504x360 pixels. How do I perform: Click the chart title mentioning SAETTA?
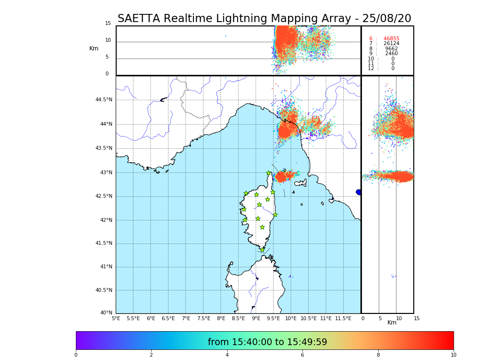[x=264, y=19]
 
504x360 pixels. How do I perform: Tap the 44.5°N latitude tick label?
[x=104, y=100]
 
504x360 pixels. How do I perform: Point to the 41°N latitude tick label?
[x=106, y=267]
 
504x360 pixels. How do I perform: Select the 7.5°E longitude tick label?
[x=204, y=318]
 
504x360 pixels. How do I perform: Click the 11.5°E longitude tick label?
[x=343, y=318]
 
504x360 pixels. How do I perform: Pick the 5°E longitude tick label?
[x=116, y=318]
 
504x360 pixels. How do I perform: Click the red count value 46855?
[x=391, y=39]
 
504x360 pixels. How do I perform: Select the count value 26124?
[x=391, y=44]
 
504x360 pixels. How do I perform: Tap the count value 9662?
[x=391, y=49]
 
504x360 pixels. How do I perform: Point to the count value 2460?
[x=391, y=54]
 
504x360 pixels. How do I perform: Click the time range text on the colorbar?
[x=267, y=342]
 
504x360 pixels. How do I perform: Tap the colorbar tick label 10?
[x=453, y=355]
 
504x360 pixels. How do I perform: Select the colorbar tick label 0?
[x=76, y=355]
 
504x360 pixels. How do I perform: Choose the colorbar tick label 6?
[x=302, y=355]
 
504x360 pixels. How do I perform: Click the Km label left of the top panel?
[x=94, y=48]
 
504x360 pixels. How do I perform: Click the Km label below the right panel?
[x=392, y=323]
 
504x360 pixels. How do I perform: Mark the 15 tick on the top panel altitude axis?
[x=108, y=24]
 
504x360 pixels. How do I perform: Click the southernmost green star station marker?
[x=262, y=250]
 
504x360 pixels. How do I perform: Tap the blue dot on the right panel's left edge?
[x=359, y=192]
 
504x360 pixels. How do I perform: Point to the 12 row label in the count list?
[x=371, y=69]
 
